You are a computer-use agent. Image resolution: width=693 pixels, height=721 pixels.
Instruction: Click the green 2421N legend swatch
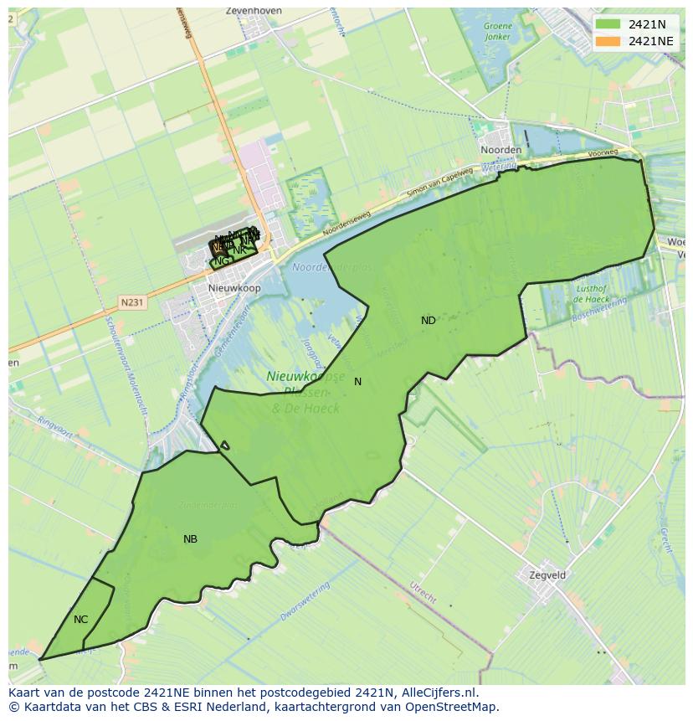[x=608, y=24]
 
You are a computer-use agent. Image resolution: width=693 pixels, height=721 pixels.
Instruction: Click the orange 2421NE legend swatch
[x=608, y=41]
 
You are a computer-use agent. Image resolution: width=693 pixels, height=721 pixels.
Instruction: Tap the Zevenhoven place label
[x=254, y=11]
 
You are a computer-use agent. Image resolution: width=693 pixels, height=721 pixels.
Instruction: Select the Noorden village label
[x=501, y=150]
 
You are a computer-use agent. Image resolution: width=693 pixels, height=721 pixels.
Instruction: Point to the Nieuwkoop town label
[x=234, y=288]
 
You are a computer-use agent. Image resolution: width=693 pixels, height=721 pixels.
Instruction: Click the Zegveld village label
[x=547, y=575]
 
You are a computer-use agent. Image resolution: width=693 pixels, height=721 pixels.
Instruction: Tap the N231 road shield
[x=131, y=302]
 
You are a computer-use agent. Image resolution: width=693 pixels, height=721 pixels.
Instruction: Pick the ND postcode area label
[x=429, y=321]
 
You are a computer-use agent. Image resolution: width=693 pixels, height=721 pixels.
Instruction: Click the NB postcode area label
[x=190, y=539]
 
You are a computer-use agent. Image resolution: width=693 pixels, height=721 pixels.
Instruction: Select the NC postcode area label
[x=80, y=620]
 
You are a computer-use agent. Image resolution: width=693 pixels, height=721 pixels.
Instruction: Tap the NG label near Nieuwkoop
[x=221, y=261]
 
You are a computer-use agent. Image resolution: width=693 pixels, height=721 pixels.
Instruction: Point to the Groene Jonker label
[x=497, y=32]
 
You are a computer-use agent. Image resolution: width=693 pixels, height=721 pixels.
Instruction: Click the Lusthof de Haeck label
[x=592, y=293]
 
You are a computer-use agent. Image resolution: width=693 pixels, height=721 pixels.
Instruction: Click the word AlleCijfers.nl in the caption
[x=439, y=693]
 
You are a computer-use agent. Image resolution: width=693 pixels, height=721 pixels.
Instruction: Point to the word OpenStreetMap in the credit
[x=455, y=707]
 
